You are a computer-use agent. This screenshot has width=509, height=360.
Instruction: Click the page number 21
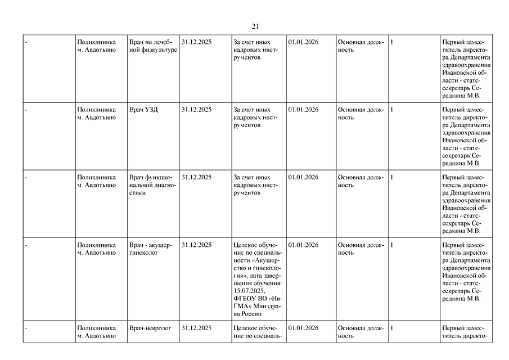(x=255, y=26)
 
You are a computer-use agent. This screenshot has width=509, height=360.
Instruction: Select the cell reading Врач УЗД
(x=144, y=110)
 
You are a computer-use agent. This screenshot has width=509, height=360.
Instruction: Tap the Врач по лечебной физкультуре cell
(x=153, y=46)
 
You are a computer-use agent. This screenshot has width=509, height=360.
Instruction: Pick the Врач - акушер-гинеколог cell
(x=151, y=249)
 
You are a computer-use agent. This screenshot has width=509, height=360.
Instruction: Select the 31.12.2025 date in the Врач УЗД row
(x=197, y=110)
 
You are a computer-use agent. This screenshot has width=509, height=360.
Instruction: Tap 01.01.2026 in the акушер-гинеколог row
(x=303, y=245)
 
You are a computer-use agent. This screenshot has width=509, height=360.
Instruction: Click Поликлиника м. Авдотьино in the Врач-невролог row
(x=97, y=332)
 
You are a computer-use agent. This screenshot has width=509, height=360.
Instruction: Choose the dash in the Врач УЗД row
(x=27, y=110)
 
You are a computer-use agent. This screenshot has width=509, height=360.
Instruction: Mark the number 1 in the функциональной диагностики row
(x=391, y=177)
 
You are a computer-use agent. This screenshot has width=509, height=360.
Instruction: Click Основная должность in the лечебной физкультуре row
(x=360, y=46)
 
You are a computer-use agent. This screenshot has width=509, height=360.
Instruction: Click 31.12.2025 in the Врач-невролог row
(x=197, y=328)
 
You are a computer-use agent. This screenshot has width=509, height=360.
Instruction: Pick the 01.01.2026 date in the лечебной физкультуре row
(x=303, y=42)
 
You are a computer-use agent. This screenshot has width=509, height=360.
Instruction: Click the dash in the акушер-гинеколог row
(x=27, y=245)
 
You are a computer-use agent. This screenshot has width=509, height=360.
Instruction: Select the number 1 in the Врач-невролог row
(x=391, y=328)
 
